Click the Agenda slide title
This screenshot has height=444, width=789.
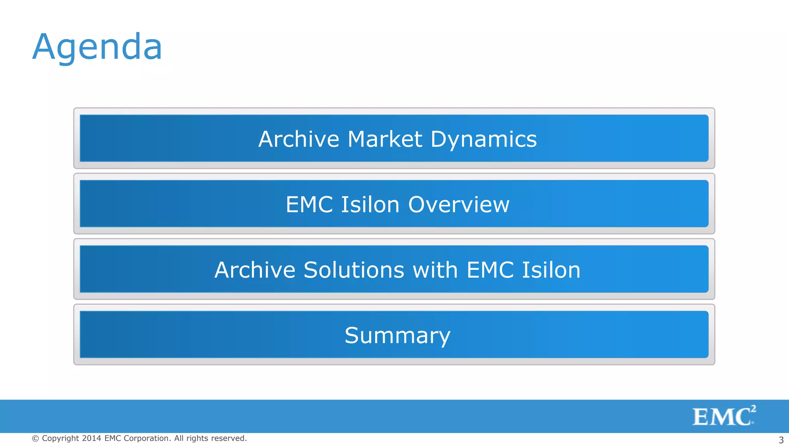tap(97, 47)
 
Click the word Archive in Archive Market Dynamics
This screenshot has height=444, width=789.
tap(299, 139)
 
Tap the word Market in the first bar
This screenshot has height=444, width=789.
tap(384, 139)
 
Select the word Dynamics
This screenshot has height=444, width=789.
tap(483, 139)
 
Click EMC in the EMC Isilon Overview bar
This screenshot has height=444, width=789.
tap(309, 204)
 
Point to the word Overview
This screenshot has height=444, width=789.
tap(458, 204)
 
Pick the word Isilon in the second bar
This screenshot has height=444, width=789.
tap(370, 204)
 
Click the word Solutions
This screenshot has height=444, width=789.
tap(354, 270)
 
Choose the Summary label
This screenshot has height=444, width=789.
tap(397, 335)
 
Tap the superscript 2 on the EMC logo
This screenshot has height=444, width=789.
tap(753, 409)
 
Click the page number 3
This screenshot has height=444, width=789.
tap(781, 440)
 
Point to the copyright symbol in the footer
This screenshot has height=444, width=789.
tap(35, 439)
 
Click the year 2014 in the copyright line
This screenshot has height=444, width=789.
tap(91, 439)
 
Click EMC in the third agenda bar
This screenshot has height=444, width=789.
tap(490, 270)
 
